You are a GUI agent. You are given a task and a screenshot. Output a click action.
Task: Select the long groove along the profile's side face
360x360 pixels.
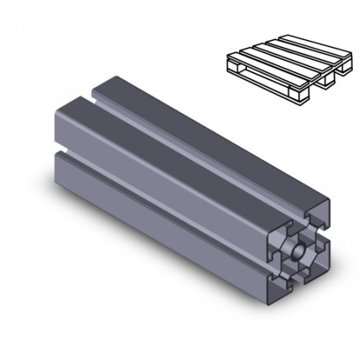157,197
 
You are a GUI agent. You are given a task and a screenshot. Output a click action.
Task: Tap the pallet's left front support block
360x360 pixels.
234,70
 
